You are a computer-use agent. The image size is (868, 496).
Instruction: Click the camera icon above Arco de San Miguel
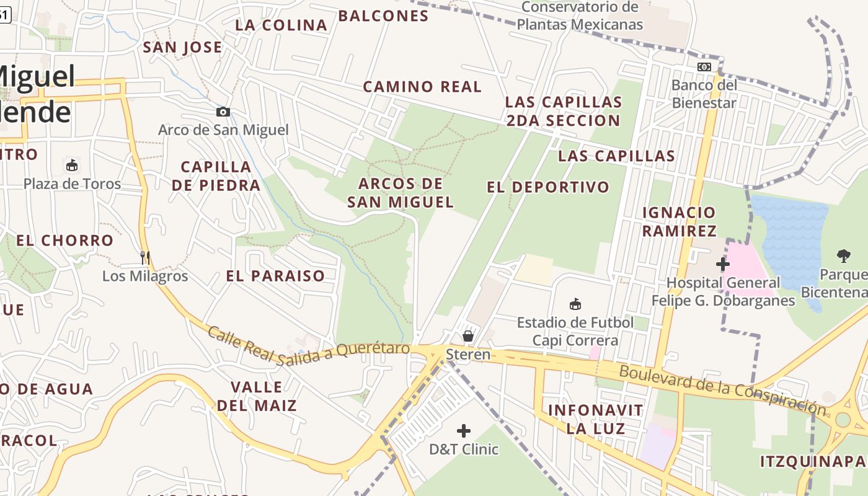click(x=223, y=112)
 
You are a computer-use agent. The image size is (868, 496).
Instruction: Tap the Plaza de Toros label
click(x=72, y=184)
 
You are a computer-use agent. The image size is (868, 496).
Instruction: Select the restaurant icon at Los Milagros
click(x=145, y=257)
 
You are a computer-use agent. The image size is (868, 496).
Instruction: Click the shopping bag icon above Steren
click(x=468, y=336)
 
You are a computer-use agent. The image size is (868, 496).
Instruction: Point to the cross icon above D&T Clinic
click(x=464, y=431)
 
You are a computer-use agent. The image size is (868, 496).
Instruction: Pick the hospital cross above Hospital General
click(x=722, y=264)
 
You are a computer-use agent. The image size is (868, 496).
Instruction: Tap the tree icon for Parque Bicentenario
click(x=843, y=255)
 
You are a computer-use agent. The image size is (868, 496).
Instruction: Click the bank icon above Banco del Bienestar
click(x=704, y=67)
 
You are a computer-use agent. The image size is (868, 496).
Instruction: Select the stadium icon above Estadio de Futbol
click(x=575, y=304)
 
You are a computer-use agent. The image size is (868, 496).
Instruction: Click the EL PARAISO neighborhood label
click(x=275, y=277)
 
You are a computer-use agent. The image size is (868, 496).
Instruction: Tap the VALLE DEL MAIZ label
click(x=257, y=397)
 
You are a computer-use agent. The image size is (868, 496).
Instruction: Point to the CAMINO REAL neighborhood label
click(x=422, y=87)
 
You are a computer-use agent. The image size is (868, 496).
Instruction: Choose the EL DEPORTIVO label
click(x=548, y=187)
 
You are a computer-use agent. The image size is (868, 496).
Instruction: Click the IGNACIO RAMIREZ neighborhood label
click(x=679, y=222)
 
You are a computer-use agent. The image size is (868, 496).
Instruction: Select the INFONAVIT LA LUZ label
click(x=596, y=419)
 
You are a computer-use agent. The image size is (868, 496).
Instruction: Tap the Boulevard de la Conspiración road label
click(x=722, y=389)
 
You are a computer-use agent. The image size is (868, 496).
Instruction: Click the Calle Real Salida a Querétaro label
click(x=308, y=346)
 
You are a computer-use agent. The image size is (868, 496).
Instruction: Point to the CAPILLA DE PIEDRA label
click(x=216, y=176)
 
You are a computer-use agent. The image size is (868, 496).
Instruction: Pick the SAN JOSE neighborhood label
click(x=182, y=48)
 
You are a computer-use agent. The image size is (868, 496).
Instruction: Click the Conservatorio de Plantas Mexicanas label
click(x=580, y=16)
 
